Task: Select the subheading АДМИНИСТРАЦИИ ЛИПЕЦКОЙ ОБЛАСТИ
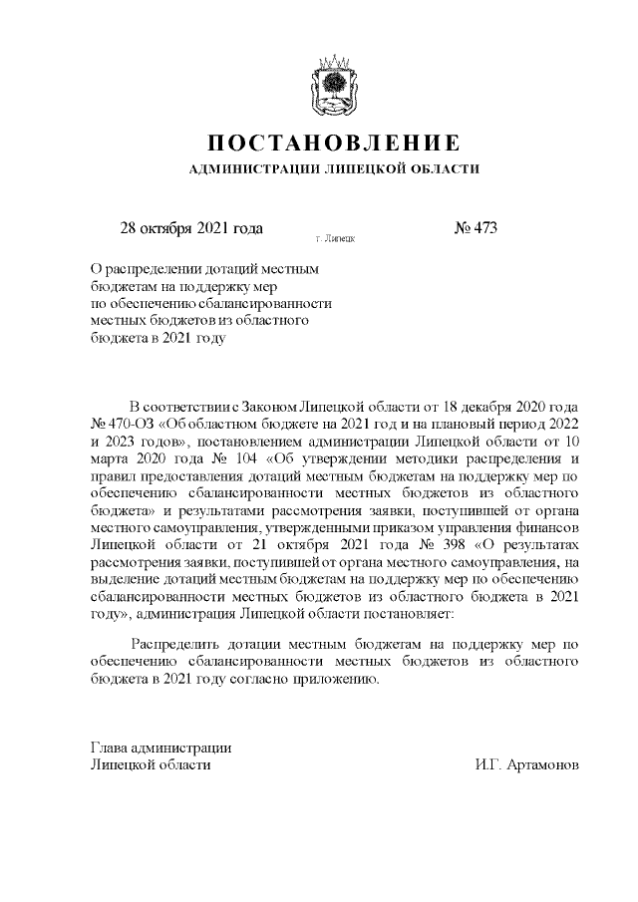tap(334, 169)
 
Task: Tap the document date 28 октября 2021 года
tap(191, 227)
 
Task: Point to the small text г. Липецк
tap(334, 239)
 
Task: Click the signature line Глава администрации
tap(161, 747)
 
